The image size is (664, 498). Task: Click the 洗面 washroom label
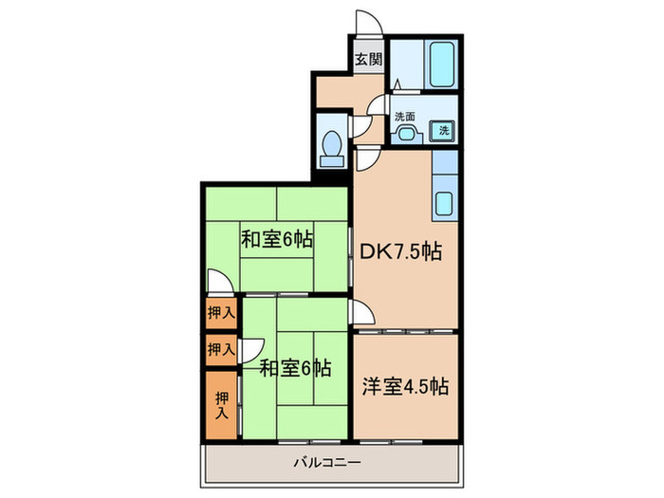405,117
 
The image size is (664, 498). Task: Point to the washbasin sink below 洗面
406,133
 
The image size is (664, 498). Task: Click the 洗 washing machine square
443,132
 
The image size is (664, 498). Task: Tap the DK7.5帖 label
398,253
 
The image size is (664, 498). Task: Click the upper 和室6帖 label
275,239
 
